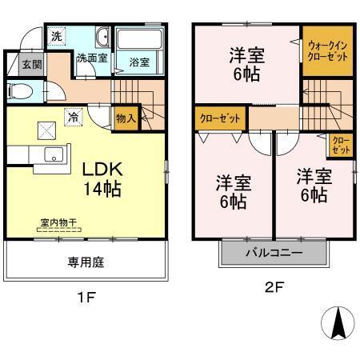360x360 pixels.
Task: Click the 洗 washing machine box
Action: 54,36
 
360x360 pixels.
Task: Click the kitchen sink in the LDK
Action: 53,154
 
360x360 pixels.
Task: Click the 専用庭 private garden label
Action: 86,262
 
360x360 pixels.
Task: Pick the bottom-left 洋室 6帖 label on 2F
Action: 233,190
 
